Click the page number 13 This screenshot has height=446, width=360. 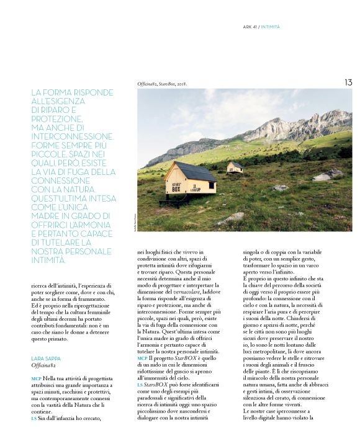348,82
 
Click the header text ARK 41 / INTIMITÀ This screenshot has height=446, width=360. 261,27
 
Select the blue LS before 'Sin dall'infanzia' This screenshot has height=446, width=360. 34,417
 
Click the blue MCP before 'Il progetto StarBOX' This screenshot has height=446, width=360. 142,359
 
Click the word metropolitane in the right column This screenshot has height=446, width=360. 271,351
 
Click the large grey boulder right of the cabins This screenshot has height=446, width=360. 323,176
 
